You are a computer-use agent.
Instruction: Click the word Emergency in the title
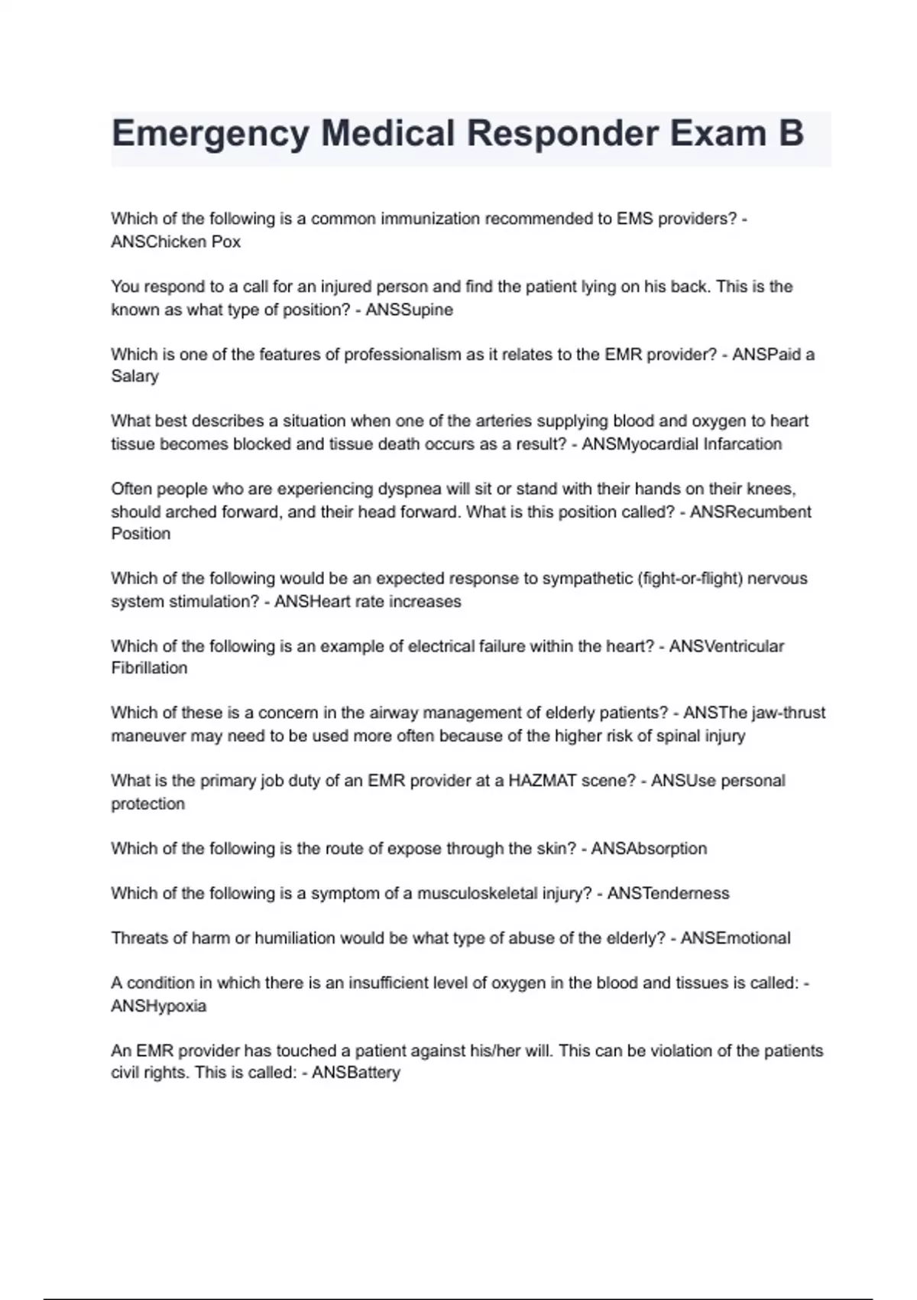coord(210,135)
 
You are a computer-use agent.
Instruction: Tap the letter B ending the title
coord(791,133)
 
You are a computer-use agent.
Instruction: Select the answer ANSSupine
coord(409,310)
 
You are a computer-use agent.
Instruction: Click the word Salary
coord(134,376)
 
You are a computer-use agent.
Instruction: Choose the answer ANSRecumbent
coord(750,512)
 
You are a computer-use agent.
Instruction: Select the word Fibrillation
coord(149,668)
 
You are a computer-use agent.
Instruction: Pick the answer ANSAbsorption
coord(649,848)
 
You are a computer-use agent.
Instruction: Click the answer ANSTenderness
coord(668,893)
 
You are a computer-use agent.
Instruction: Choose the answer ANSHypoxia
coord(159,1006)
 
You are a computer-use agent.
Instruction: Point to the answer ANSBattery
coord(356,1073)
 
